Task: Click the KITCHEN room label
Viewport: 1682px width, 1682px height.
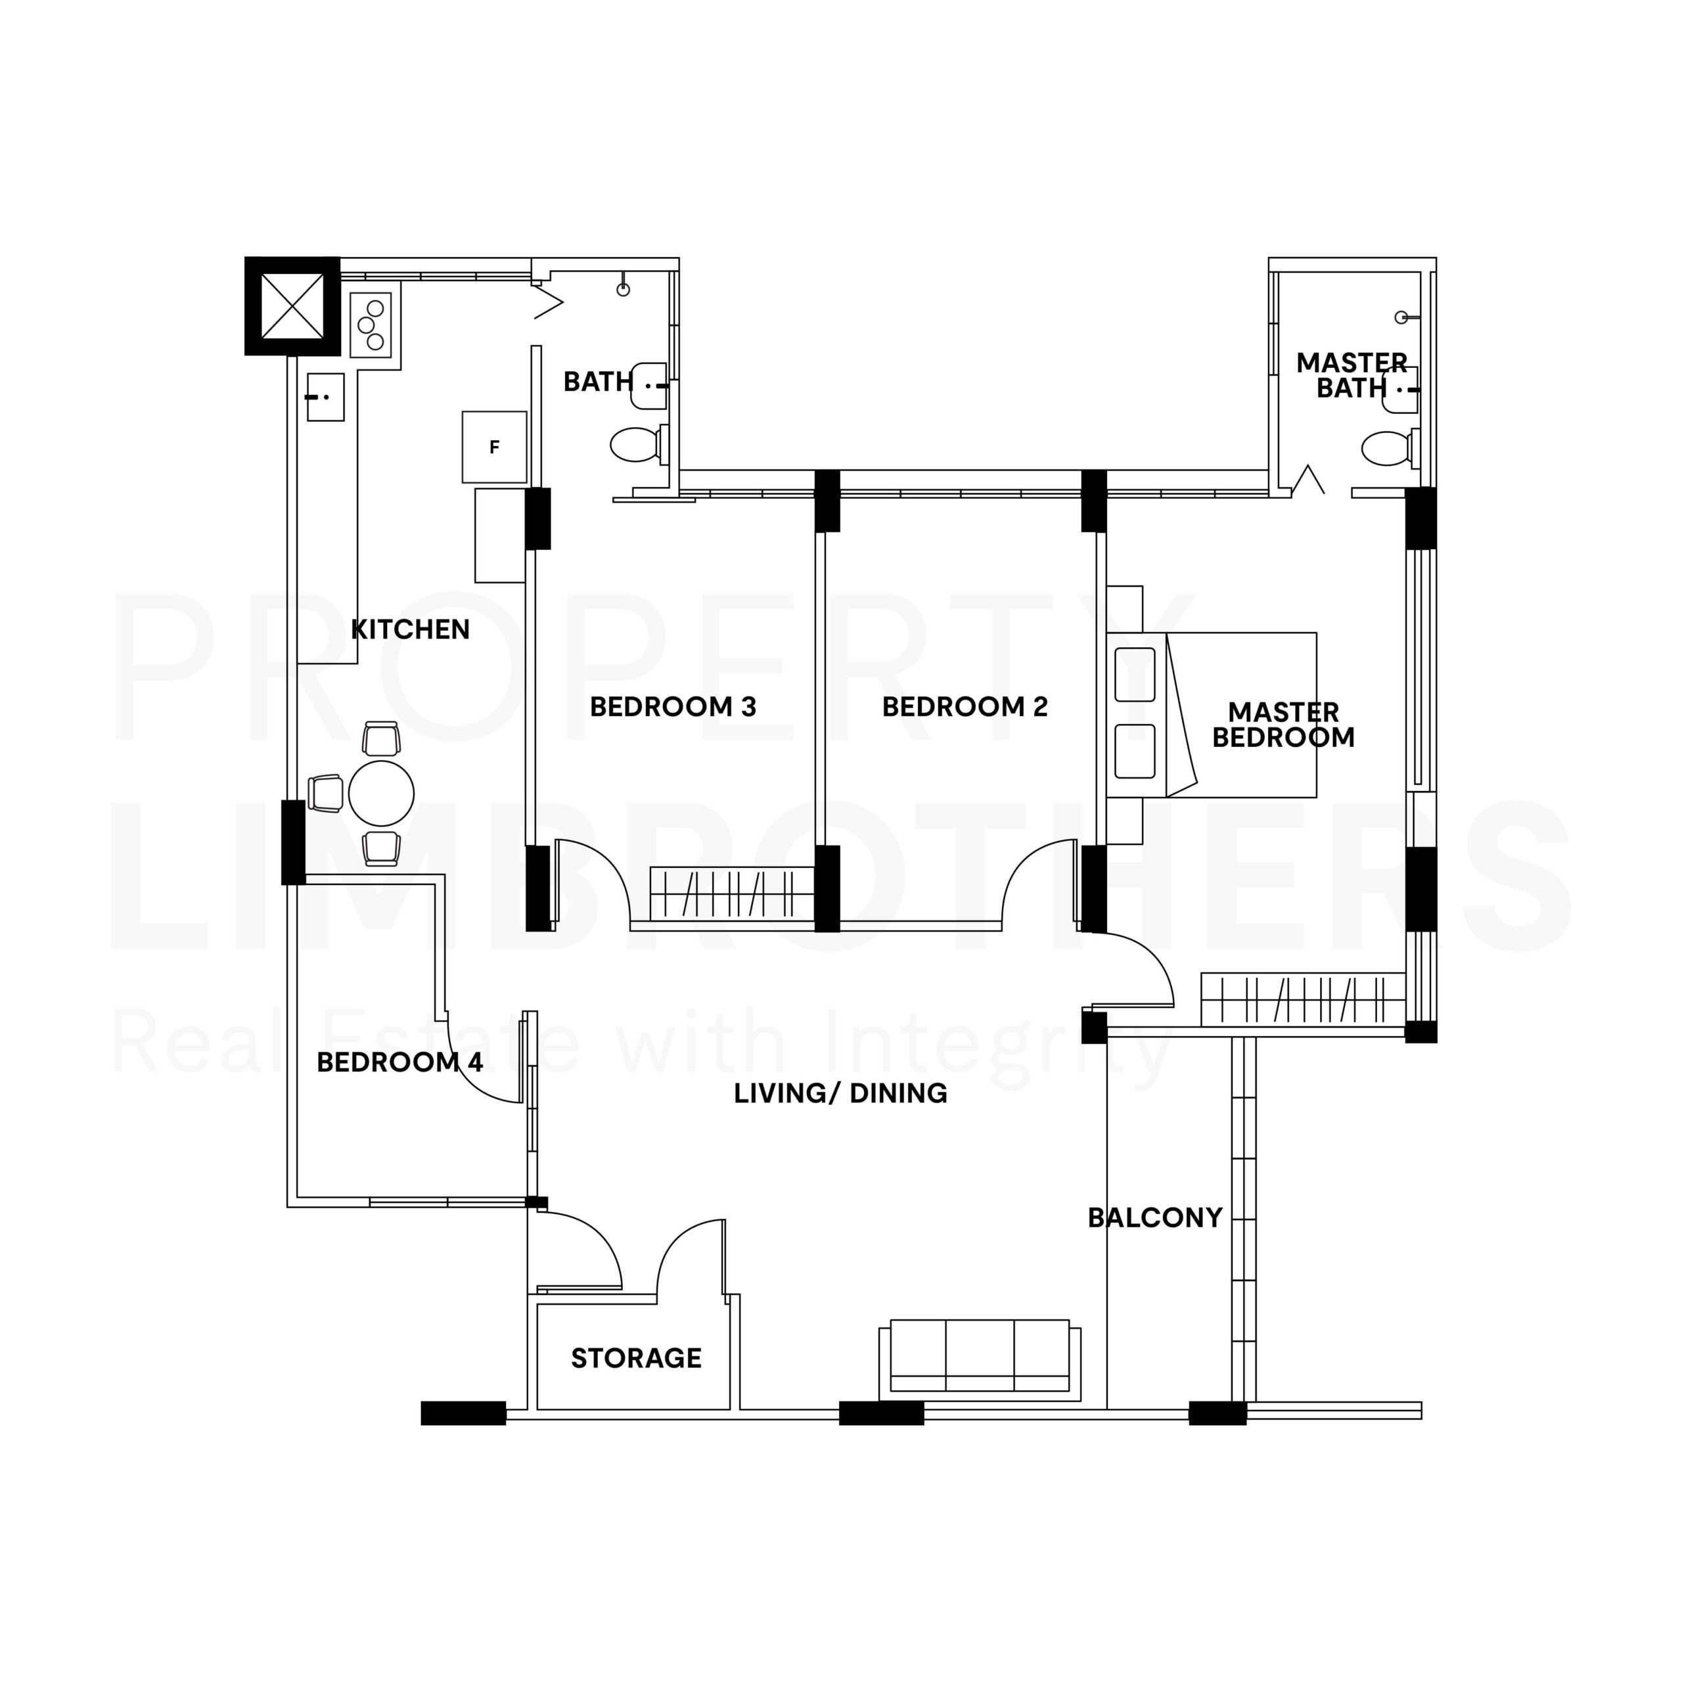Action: [410, 629]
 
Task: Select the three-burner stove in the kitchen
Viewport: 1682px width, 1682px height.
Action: [371, 325]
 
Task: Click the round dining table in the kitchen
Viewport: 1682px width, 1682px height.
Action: [380, 793]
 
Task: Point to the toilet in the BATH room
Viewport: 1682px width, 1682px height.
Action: [635, 444]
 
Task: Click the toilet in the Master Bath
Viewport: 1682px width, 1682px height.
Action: [1385, 449]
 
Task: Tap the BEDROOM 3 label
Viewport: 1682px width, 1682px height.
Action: [673, 707]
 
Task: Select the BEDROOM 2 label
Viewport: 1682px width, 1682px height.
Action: [965, 707]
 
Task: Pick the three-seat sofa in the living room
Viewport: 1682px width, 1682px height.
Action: [980, 1360]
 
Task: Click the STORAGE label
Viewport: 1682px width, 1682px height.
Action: [635, 1358]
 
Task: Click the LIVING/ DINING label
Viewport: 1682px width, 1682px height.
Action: [840, 1093]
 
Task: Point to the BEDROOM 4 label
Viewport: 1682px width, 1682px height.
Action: [399, 1062]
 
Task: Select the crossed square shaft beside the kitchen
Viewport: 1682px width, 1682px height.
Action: [292, 306]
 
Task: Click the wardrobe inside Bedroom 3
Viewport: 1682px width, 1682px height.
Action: [731, 894]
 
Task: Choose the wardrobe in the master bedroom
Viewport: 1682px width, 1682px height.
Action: [1302, 999]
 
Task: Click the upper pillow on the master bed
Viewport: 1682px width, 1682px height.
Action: [1135, 675]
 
